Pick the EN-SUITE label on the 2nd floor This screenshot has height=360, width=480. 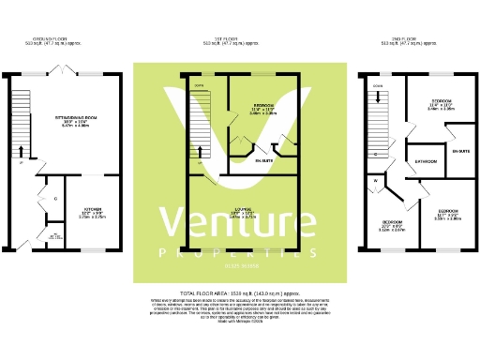tap(460, 150)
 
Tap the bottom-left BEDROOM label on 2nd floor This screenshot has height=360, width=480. tap(391, 222)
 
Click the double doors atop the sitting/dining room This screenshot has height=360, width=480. tap(64, 70)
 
